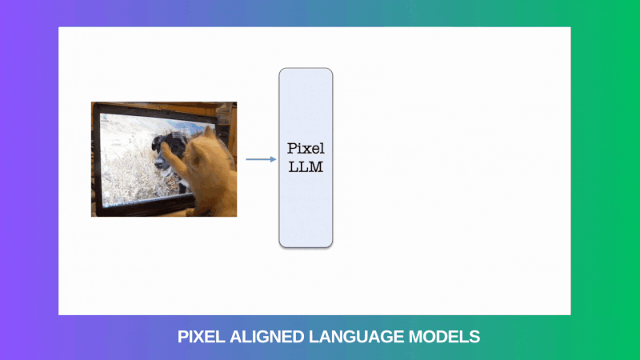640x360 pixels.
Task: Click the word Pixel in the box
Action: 306,149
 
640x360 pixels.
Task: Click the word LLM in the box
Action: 306,166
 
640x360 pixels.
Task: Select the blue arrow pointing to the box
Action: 262,159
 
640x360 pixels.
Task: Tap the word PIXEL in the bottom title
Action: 202,337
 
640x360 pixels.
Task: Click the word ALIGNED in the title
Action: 267,337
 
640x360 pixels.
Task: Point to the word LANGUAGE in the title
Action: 356,337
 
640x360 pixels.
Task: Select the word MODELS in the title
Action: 445,337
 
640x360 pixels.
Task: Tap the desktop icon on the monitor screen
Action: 105,118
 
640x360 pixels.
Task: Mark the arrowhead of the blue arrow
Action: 274,159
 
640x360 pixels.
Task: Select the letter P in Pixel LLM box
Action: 291,149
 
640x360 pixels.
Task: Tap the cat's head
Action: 204,151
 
